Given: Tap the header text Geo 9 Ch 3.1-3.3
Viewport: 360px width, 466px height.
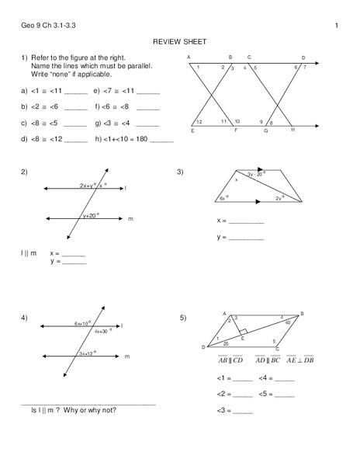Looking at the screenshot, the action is pos(43,26).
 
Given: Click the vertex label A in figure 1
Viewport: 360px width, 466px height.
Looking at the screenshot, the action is pos(189,57).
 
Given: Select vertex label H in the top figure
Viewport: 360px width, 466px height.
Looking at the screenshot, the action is pos(292,129).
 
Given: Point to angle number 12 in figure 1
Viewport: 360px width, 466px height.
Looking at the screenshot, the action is pos(199,123).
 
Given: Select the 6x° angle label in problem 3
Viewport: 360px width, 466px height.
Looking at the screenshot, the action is pos(223,198).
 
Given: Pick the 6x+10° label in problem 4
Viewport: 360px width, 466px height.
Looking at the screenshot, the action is pos(83,322).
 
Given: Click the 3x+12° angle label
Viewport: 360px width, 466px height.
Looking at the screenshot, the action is pos(87,353).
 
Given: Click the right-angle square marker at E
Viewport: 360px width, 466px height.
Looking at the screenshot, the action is pos(243,331).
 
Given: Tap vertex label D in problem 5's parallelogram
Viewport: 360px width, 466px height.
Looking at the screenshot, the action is pos(203,346).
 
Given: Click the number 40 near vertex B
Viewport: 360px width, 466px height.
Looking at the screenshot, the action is pos(288,321).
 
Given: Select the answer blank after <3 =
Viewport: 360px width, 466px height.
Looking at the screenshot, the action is pos(243,411).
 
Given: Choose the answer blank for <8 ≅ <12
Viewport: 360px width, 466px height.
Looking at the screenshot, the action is pos(76,141).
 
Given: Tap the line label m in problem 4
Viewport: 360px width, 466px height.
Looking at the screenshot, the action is pos(126,356).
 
